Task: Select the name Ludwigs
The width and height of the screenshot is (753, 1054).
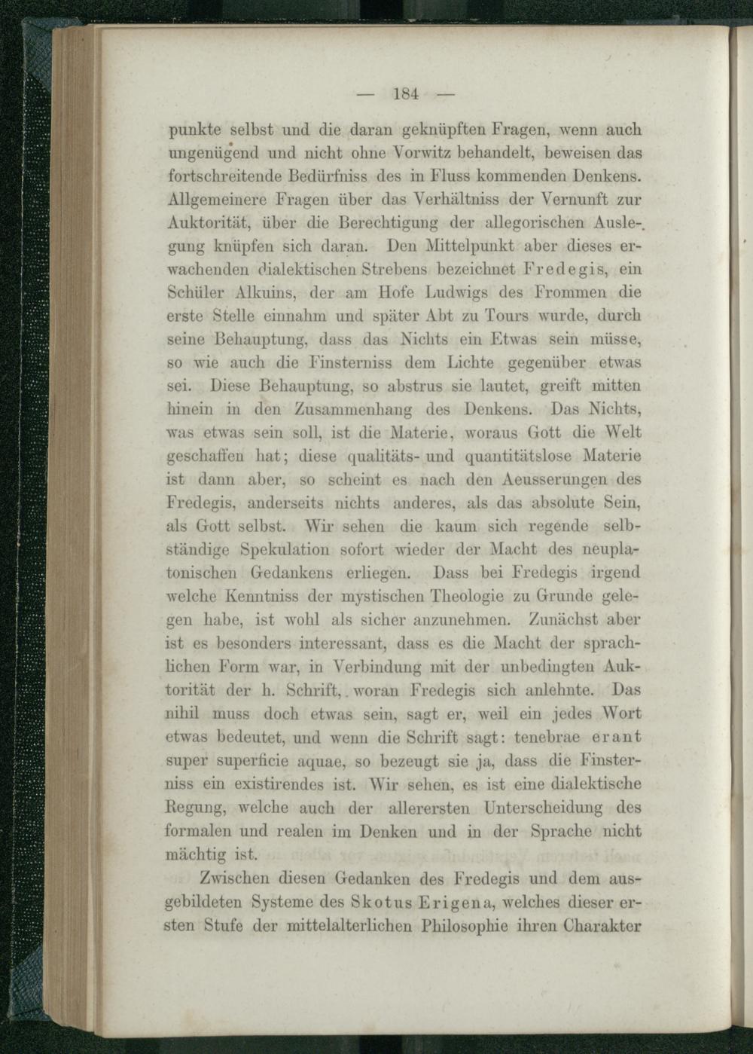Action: tap(478, 293)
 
